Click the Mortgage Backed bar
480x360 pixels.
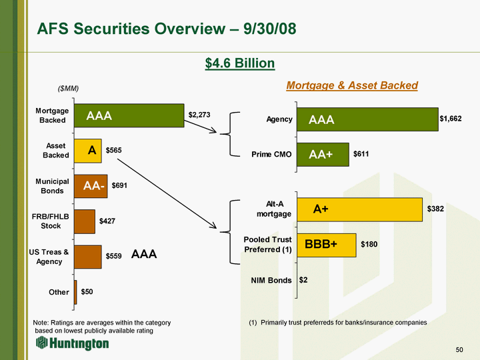pos(129,115)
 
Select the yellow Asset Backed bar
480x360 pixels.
pos(87,151)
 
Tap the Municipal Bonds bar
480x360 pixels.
pos(91,186)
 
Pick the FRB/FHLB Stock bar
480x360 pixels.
pos(85,221)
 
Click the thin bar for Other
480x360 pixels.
pos(75,293)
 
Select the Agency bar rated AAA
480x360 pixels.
pos(367,119)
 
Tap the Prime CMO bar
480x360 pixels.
pos(323,155)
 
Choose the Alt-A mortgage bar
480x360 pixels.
pos(359,209)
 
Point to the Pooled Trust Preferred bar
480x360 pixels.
pos(326,245)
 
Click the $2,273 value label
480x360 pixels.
pos(199,115)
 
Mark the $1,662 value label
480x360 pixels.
pos(451,119)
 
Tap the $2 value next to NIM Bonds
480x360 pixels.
pos(303,280)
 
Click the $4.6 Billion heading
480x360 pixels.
pos(240,63)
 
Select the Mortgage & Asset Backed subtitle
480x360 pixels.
pos(352,85)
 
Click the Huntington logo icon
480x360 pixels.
pos(41,342)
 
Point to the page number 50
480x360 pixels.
pos(459,349)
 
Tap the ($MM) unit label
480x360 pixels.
pos(68,89)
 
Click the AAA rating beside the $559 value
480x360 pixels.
pos(144,254)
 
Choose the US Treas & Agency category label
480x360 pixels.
pos(49,257)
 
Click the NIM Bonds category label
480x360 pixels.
pos(271,281)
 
